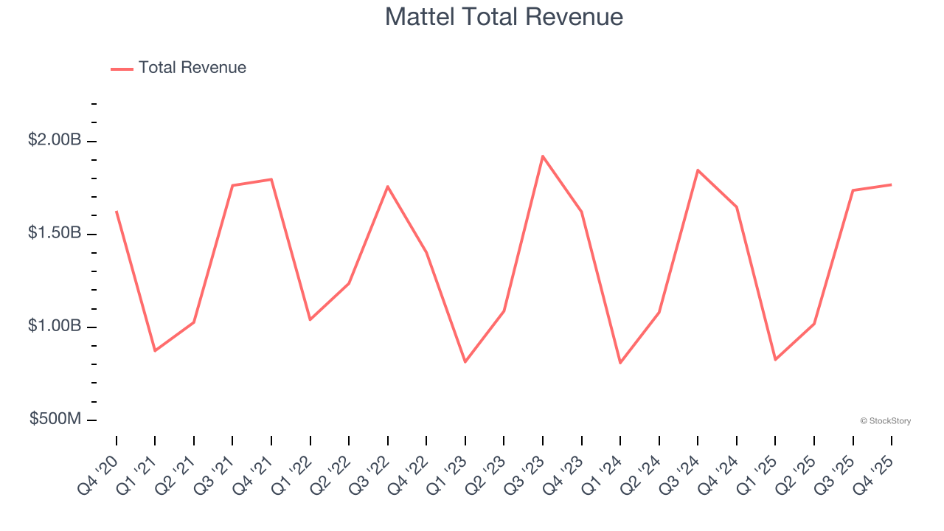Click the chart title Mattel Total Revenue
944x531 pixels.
pos(504,17)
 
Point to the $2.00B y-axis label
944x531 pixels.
pos(55,140)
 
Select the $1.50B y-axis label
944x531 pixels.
pos(55,233)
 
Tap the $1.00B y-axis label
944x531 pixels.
pos(55,326)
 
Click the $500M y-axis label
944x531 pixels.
pos(55,419)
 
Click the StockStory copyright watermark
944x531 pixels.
pos(885,421)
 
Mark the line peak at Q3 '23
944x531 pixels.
pos(543,156)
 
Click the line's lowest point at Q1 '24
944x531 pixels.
pos(620,363)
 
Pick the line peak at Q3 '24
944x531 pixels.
pos(698,170)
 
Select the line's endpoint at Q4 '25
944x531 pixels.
pos(891,184)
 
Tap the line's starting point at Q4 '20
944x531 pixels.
pos(117,212)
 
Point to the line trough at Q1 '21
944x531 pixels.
pos(155,350)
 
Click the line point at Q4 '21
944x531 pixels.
pos(271,179)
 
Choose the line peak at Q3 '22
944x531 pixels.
pos(388,187)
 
